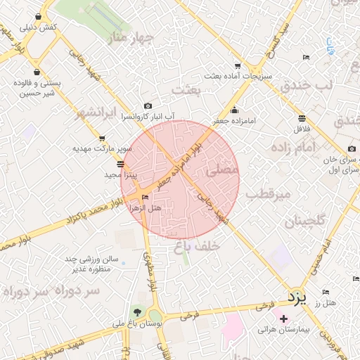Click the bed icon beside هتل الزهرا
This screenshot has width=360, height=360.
coord(146,198)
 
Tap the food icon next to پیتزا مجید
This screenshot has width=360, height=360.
coord(120,164)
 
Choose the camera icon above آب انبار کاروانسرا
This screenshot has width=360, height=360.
coord(147,105)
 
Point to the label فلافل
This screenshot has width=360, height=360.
coord(302,129)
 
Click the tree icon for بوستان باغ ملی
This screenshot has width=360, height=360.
coord(137,313)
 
